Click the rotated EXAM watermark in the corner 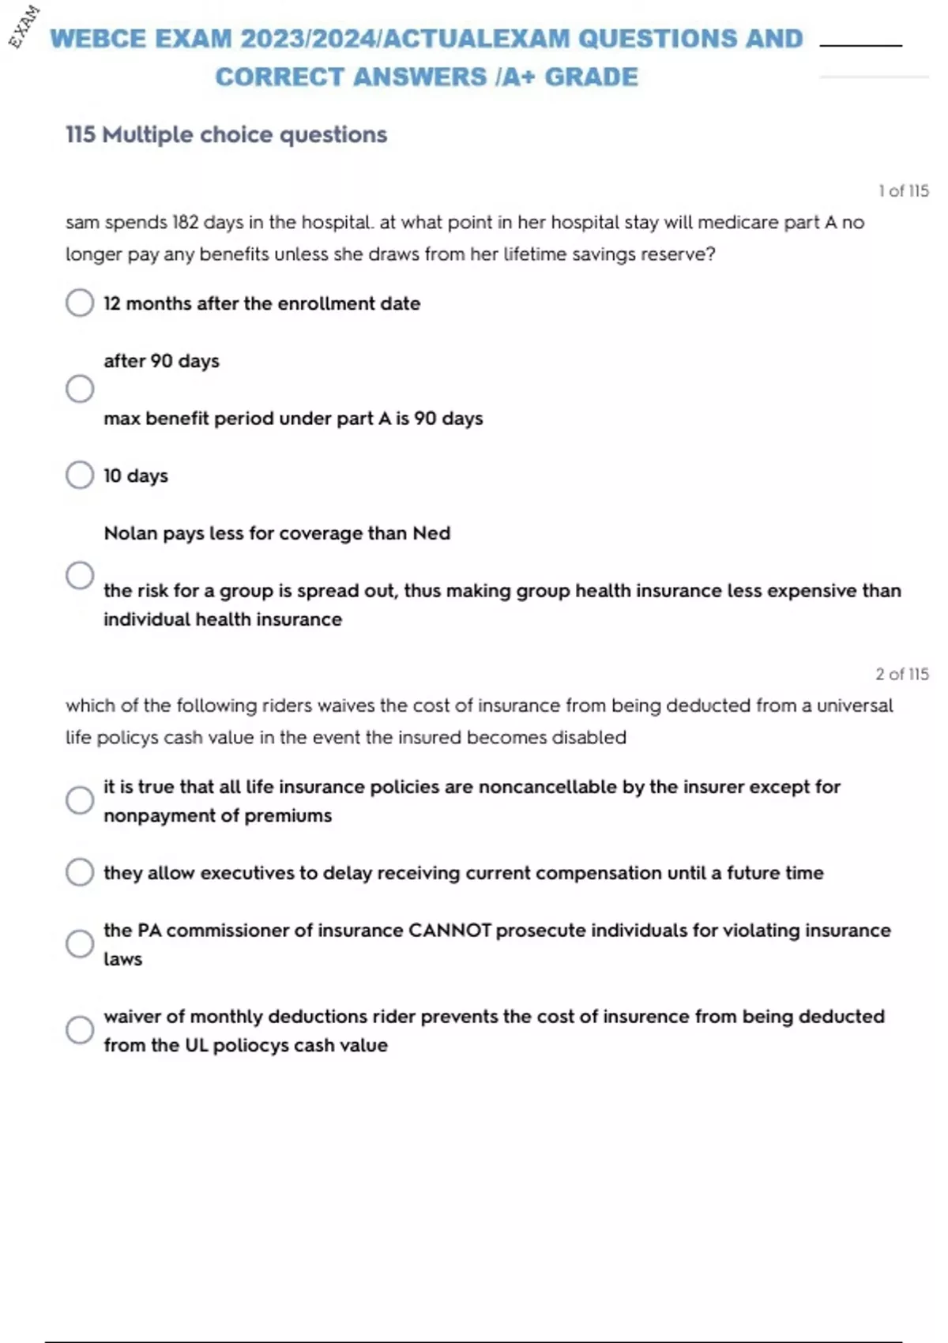[x=24, y=26]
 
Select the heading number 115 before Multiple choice [x=81, y=134]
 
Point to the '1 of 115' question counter [x=903, y=191]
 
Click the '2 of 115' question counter [x=901, y=674]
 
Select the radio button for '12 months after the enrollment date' [x=80, y=303]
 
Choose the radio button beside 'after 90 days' [x=80, y=389]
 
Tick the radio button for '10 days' [x=80, y=475]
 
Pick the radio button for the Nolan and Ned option [x=80, y=575]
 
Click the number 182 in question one [x=185, y=223]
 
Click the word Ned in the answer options [x=431, y=533]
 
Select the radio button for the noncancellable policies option [x=80, y=800]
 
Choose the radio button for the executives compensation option [x=80, y=872]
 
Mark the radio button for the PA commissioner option [x=80, y=943]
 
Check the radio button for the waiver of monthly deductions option [x=80, y=1029]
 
